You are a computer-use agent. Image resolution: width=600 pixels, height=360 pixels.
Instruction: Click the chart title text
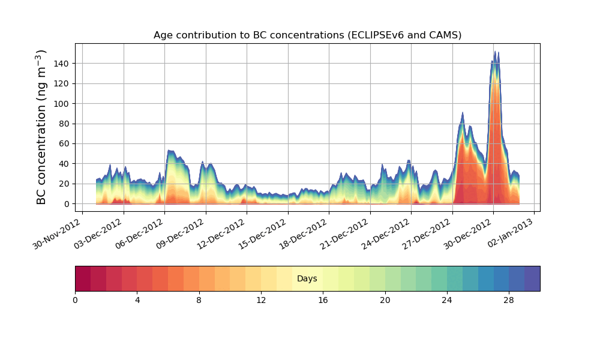(x=307, y=35)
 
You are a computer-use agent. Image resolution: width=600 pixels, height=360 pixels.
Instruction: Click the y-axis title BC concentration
(x=41, y=127)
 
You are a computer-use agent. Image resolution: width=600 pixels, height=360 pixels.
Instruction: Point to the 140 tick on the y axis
(x=63, y=64)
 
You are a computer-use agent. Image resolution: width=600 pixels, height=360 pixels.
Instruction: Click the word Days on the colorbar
(x=307, y=279)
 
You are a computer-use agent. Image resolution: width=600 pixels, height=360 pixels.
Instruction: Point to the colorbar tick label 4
(x=137, y=300)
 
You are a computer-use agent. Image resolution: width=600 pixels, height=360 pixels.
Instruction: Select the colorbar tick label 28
(x=509, y=300)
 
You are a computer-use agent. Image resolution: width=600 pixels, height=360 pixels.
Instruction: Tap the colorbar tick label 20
(x=385, y=300)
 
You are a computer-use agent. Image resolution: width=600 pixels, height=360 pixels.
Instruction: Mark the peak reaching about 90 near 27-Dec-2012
(x=463, y=113)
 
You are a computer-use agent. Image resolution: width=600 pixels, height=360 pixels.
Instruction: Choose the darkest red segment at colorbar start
(x=83, y=278)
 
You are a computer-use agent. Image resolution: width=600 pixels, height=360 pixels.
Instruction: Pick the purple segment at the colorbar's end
(x=532, y=278)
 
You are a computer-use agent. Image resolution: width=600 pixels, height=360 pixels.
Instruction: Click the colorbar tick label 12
(x=261, y=300)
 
